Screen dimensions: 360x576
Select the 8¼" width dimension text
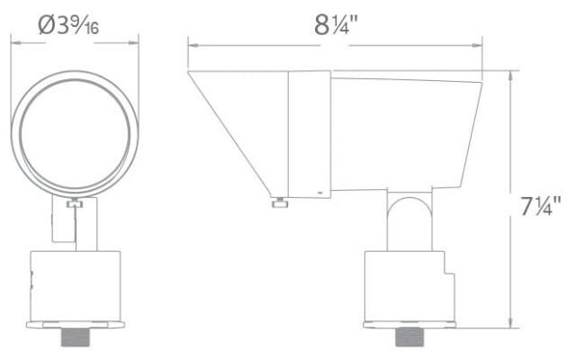(x=337, y=24)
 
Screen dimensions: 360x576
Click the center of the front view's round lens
(x=75, y=132)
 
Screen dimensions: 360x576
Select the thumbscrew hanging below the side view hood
(x=280, y=203)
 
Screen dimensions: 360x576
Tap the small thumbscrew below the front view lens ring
(x=75, y=206)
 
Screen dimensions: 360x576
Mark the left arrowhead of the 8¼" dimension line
(x=192, y=40)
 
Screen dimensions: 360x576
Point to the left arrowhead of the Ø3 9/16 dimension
(x=14, y=40)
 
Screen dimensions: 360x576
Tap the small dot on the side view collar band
(x=319, y=192)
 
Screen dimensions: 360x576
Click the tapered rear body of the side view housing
(x=405, y=135)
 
